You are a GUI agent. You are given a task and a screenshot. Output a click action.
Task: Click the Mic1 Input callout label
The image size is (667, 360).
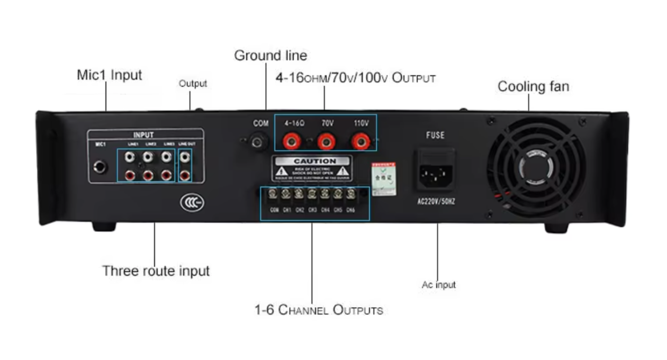pos(110,75)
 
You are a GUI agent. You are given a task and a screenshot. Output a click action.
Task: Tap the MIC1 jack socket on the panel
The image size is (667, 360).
pos(99,167)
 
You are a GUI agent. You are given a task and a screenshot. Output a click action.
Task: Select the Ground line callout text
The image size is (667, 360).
pos(270,56)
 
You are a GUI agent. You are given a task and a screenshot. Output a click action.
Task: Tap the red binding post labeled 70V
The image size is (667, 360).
pos(327,141)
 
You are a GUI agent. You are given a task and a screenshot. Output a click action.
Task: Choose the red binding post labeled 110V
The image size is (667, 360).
pos(361,141)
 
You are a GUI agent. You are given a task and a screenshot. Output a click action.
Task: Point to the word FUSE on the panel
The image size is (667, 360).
pos(435,135)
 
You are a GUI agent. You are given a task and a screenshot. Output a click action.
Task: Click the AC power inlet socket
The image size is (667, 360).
pos(436,173)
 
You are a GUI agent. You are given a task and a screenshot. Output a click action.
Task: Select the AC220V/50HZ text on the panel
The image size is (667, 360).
pos(436,202)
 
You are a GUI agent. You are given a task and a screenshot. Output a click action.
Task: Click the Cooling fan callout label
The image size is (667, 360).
pos(533,86)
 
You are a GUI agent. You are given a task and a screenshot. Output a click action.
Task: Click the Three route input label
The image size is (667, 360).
pos(156,271)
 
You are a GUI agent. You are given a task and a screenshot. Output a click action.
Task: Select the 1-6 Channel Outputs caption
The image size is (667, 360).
pos(319,310)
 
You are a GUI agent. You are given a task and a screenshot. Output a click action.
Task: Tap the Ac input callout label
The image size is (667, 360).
pos(438,285)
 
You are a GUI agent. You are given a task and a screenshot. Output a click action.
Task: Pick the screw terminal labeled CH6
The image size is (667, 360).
pos(350,194)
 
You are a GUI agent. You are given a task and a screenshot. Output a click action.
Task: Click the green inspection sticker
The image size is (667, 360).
pos(384,179)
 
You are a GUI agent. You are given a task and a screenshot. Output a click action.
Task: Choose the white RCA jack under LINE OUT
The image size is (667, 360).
pos(185,157)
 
